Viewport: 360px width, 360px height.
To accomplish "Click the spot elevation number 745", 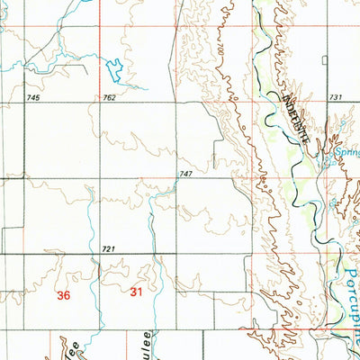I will coord(34,97).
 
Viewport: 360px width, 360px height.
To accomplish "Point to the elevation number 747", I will coord(186,173).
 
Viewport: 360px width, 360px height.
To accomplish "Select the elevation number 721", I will coord(109,248).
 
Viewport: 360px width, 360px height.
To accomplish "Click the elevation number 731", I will coord(337,96).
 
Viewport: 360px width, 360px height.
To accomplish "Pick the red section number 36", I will coord(63,294).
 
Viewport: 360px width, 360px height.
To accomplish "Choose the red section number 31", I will coord(136,292).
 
